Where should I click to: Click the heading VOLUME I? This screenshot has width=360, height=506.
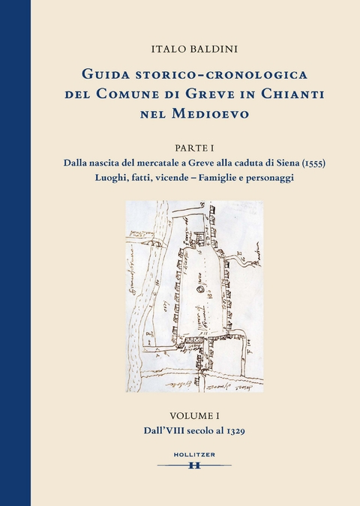193,415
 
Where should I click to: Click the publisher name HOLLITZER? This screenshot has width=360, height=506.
194,455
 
